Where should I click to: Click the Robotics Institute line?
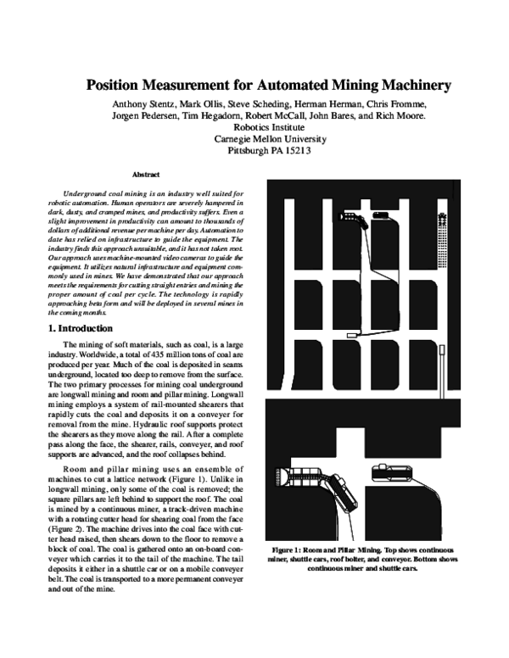(269, 128)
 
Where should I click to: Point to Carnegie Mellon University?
(269, 140)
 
